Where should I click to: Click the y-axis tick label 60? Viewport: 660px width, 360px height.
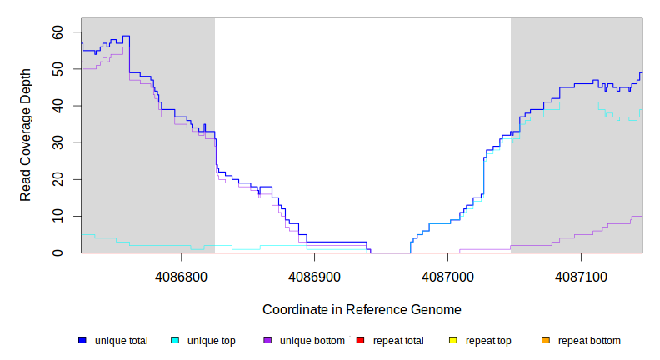[x=57, y=32]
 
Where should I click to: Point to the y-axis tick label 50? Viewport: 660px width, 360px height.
[x=57, y=69]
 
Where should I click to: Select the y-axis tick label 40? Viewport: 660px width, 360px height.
[x=57, y=106]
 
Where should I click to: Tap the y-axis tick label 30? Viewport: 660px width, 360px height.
[x=57, y=142]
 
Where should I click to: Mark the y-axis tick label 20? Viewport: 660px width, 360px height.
[x=57, y=179]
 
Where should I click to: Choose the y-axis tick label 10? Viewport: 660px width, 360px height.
[x=57, y=216]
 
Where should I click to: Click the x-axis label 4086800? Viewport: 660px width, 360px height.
[x=182, y=276]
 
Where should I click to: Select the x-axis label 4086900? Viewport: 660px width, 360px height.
[x=315, y=276]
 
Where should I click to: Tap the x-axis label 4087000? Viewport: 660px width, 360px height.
[x=447, y=276]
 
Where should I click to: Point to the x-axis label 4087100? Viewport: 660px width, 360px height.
[x=581, y=276]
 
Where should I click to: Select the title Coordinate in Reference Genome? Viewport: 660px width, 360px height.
[x=362, y=309]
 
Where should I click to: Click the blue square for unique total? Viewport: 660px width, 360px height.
[x=82, y=340]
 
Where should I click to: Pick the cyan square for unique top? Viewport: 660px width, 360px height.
[x=175, y=340]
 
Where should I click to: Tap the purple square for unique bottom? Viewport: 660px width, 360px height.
[x=267, y=340]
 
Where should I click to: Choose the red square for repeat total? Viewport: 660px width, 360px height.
[x=360, y=340]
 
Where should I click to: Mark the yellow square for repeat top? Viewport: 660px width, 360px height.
[x=453, y=340]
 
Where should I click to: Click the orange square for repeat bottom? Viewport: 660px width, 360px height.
[x=546, y=340]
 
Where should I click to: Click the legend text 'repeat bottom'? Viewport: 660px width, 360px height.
[x=589, y=341]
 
